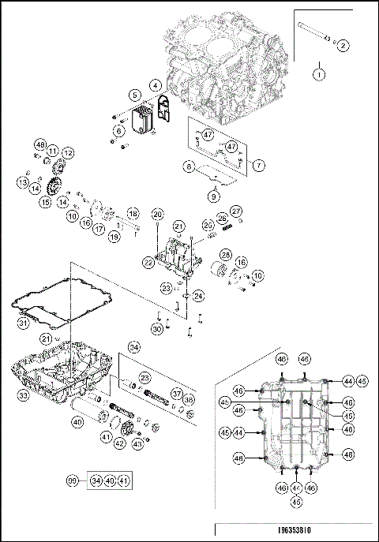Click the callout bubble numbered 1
coord(319,75)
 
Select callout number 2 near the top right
coord(343,45)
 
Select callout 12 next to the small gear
coord(68,153)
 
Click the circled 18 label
coord(133,215)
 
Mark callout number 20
coord(158,215)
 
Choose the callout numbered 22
coord(148,262)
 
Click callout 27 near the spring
coord(236,211)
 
